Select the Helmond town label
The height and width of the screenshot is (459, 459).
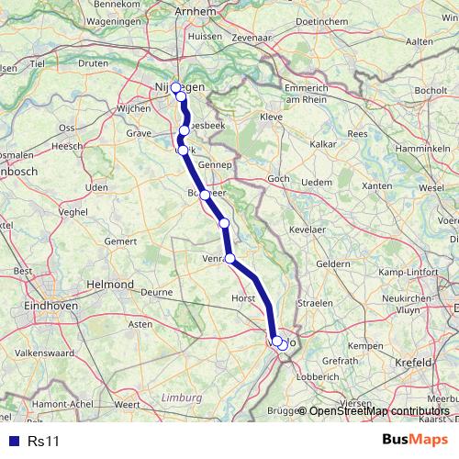(x=109, y=285)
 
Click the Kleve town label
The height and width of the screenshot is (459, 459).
(x=272, y=118)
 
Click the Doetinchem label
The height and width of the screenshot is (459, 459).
(x=350, y=18)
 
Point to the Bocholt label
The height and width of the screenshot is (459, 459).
(x=431, y=92)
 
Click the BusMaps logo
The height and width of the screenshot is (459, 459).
(x=418, y=441)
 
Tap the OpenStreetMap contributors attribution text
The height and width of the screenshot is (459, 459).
(x=379, y=410)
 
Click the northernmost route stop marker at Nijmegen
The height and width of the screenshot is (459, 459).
(x=175, y=88)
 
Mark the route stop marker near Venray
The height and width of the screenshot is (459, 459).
(x=230, y=258)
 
